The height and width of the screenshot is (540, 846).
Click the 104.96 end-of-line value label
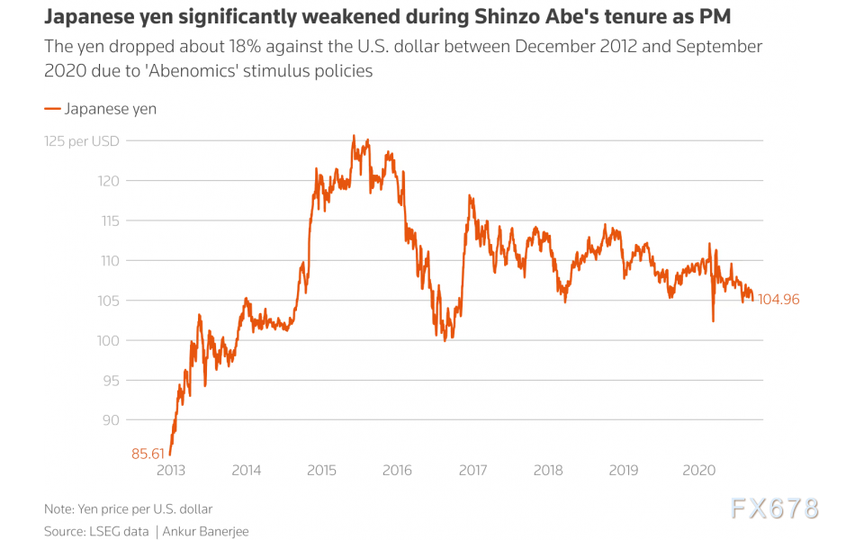(778, 300)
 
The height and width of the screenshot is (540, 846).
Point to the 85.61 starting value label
(148, 454)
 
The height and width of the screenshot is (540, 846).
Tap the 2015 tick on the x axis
(321, 471)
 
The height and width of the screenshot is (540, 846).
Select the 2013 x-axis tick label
(171, 471)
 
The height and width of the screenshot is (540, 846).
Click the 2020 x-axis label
(699, 471)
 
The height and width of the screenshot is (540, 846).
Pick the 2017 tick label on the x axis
(472, 471)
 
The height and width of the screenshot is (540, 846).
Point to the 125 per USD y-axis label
(82, 141)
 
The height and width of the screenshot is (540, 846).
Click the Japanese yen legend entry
(100, 109)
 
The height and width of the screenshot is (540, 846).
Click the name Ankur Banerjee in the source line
(205, 532)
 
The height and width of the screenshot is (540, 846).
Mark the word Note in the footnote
(59, 508)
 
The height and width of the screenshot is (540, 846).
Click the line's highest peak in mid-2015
(354, 136)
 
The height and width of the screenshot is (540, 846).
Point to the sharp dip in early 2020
(713, 320)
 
